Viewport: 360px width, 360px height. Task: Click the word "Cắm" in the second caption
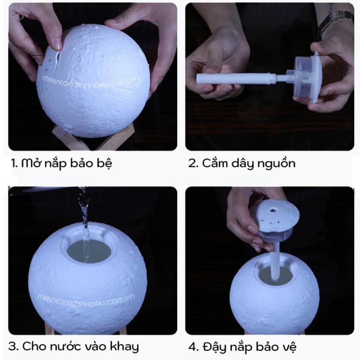[x=214, y=163]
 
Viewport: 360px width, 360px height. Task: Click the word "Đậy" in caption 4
[x=216, y=347]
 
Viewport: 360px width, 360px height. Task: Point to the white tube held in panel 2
[x=235, y=78]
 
